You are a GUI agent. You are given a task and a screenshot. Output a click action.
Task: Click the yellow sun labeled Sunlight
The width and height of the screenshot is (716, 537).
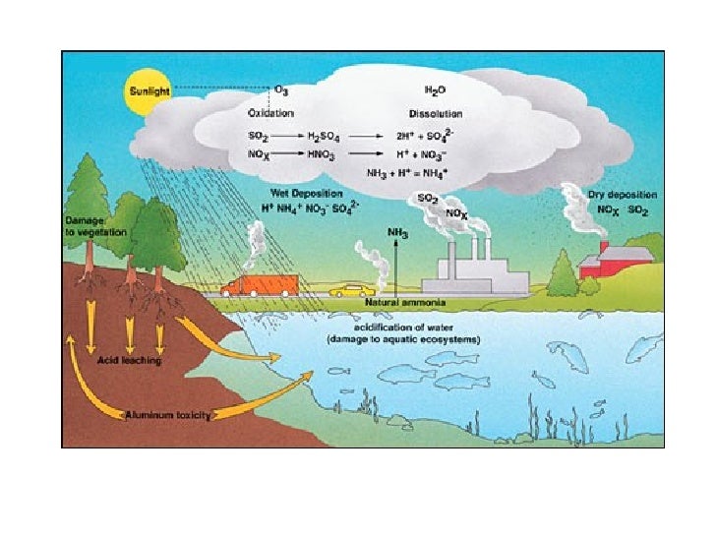coord(149,91)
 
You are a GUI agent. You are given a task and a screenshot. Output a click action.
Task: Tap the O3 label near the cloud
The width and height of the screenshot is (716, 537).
coord(281,90)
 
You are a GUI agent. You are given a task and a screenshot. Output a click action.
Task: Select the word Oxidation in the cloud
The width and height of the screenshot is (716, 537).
coord(270,113)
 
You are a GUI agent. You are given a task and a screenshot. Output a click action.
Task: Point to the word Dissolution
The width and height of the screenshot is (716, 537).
coord(436,114)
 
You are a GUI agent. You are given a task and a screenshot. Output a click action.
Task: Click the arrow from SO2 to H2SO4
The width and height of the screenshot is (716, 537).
coord(287,136)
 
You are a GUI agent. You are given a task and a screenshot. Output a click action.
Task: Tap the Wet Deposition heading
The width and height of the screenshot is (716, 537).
coord(306,193)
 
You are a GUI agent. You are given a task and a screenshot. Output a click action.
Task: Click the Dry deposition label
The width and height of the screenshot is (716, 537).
coord(623,195)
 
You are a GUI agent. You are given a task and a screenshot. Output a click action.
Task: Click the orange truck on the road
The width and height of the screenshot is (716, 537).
coord(260,285)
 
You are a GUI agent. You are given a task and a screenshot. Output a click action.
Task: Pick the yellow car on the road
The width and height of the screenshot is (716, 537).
coord(352,291)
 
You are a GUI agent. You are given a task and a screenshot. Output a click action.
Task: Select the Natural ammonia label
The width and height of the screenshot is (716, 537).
coord(405,302)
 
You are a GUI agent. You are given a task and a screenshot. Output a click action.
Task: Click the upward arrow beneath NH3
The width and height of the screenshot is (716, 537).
coord(396,269)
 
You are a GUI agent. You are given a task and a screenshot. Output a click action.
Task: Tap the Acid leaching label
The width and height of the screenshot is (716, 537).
coord(129,360)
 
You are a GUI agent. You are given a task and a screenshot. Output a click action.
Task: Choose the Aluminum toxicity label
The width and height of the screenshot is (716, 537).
coord(168,415)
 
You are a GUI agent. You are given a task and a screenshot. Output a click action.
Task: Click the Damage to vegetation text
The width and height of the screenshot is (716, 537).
coord(95,226)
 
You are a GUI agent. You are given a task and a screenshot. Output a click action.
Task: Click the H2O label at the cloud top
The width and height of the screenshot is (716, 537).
coord(435,90)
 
